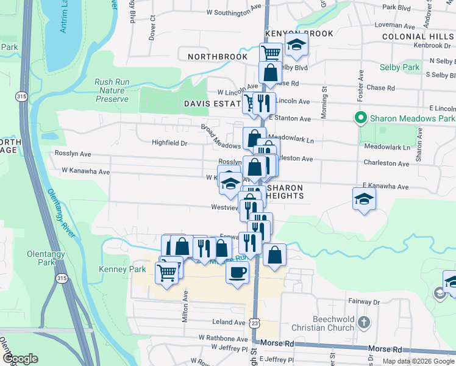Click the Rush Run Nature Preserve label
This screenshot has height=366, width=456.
pyautogui.click(x=112, y=90)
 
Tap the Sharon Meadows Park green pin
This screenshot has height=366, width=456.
pyautogui.click(x=360, y=118)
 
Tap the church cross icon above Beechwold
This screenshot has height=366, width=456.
pyautogui.click(x=364, y=321)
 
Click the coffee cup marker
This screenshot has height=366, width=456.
pyautogui.click(x=237, y=272)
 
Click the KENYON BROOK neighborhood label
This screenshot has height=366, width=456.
pyautogui.click(x=299, y=34)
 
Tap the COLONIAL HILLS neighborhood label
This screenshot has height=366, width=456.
pyautogui.click(x=418, y=37)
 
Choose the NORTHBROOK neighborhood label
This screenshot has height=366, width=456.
pyautogui.click(x=218, y=57)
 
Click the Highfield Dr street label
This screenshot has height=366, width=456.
pyautogui.click(x=169, y=143)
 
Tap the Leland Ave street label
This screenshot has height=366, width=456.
pyautogui.click(x=229, y=322)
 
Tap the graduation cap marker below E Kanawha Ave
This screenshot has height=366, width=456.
pyautogui.click(x=364, y=199)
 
